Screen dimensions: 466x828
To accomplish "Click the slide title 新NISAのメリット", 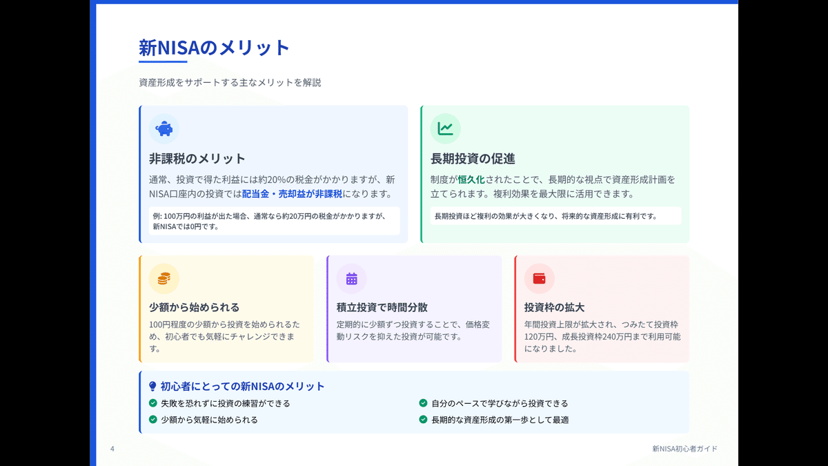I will (x=214, y=48).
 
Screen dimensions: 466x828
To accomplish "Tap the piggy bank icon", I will (x=164, y=128).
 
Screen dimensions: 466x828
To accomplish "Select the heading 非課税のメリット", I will (x=197, y=159).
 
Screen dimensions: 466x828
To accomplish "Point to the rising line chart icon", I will (x=446, y=128).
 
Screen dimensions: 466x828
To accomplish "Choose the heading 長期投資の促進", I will (x=473, y=159).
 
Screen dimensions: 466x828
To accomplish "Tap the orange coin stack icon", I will (x=164, y=279).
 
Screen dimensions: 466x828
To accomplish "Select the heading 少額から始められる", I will (x=194, y=307).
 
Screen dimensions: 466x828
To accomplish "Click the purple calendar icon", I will (x=351, y=279).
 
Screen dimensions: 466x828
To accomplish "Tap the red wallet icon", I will (x=539, y=279).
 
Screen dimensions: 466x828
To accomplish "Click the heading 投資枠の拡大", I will (x=554, y=307).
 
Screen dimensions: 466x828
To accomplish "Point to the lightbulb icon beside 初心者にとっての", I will (x=152, y=387).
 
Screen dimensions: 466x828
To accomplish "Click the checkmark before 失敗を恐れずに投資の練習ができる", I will (x=153, y=403).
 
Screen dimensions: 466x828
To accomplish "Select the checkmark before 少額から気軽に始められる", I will (x=153, y=419).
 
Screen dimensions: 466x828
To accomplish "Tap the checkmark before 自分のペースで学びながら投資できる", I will (x=423, y=403).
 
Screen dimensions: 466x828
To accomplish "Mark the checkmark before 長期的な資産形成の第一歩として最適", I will (x=423, y=419).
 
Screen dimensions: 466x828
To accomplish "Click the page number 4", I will (x=112, y=449).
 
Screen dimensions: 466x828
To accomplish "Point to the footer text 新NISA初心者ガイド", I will (x=684, y=449).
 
